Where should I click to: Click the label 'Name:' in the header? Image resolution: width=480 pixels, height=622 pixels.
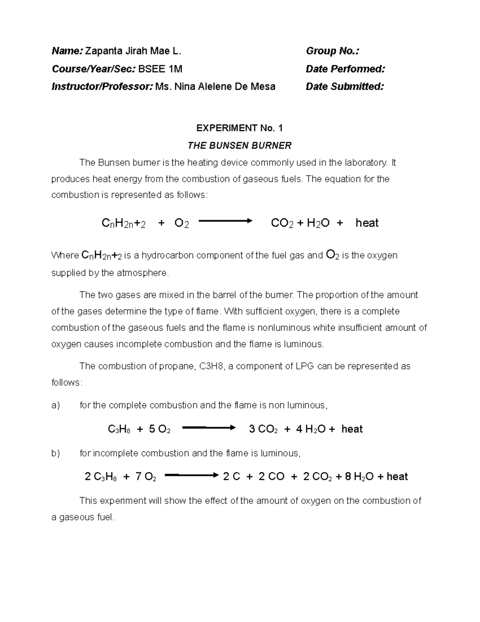67,51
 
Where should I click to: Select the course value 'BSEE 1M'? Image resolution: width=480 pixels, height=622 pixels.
160,69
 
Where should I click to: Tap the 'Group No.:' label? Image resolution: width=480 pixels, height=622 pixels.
332,51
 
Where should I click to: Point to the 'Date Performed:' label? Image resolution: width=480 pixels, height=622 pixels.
345,69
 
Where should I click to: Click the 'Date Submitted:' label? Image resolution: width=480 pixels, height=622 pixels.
345,87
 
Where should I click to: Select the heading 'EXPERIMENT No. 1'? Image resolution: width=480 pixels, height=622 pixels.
239,128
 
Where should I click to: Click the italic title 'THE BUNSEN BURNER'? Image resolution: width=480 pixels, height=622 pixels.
239,145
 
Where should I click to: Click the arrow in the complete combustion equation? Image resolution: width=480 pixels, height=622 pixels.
208,428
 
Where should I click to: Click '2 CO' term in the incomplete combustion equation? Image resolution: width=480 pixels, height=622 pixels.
271,477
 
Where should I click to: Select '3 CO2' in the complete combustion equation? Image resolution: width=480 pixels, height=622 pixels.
263,429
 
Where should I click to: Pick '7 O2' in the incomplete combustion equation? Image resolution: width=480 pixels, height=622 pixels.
146,477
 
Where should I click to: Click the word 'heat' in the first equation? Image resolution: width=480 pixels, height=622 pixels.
367,223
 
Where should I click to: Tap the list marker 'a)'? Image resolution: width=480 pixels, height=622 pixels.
56,405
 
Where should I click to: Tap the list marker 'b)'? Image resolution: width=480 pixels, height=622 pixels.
56,453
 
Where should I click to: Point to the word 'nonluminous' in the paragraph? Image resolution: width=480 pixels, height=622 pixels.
284,328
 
